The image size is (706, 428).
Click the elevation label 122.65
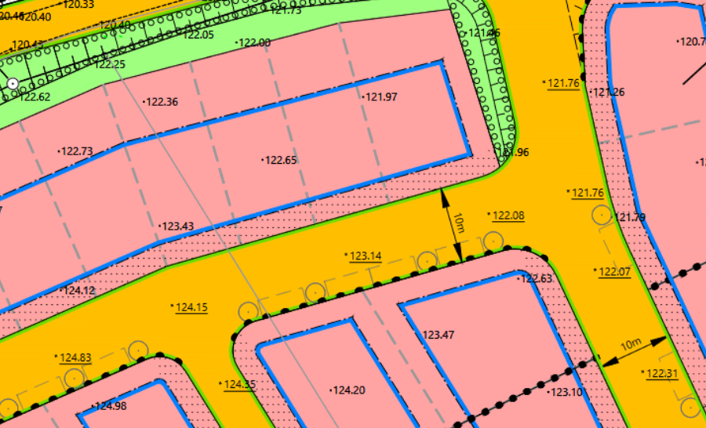tap(281, 161)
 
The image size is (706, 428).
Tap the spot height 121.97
tap(382, 97)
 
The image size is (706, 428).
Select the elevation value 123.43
tap(177, 227)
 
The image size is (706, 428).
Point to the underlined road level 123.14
tap(365, 256)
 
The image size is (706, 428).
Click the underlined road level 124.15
tap(191, 307)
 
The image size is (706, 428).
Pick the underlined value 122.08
tap(508, 216)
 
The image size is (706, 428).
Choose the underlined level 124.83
tap(75, 358)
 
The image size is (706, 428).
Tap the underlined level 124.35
tap(239, 384)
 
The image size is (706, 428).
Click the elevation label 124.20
tap(350, 390)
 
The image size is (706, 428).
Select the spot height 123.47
tap(439, 335)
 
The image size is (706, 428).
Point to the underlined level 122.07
tap(614, 272)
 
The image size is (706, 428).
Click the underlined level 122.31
tap(661, 373)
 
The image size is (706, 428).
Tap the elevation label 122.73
tap(77, 151)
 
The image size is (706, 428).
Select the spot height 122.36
tap(162, 102)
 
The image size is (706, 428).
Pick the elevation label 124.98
tap(111, 406)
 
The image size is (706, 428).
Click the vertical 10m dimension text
tap(460, 224)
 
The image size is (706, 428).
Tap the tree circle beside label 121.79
tap(602, 215)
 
